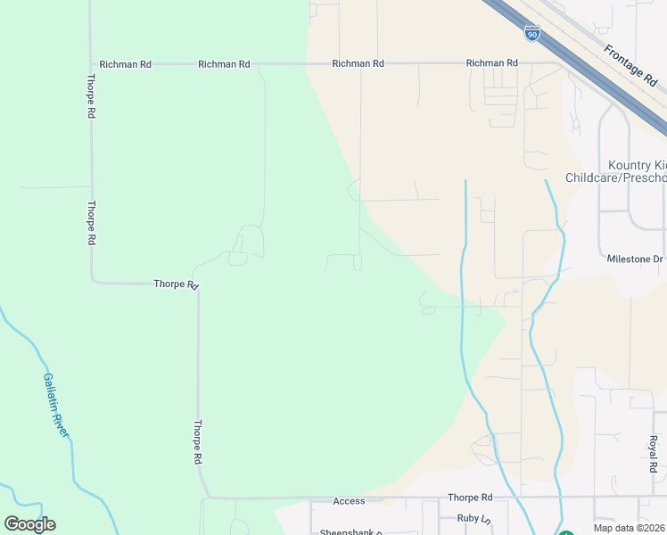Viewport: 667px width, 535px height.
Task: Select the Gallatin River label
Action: click(x=55, y=404)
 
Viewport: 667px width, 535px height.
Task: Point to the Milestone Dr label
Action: click(x=635, y=259)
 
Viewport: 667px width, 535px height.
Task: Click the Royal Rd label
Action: click(x=653, y=454)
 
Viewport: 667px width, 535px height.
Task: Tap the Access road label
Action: click(x=350, y=501)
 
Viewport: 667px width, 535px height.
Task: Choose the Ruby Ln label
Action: click(x=473, y=518)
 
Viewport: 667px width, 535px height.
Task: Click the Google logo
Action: click(x=29, y=524)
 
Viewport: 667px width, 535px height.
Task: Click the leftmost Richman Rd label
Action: click(x=126, y=64)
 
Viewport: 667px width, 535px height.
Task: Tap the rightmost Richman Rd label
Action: click(x=491, y=63)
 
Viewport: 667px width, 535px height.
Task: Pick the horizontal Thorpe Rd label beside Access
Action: click(x=470, y=498)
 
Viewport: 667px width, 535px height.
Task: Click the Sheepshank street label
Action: click(x=351, y=532)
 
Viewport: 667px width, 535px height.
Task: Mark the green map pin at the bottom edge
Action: click(x=566, y=532)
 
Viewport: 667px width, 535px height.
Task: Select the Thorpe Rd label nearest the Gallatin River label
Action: click(x=197, y=442)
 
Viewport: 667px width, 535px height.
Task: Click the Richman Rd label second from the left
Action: click(x=224, y=64)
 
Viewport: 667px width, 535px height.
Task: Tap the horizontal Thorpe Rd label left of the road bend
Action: click(x=175, y=284)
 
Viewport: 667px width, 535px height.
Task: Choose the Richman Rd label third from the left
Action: click(x=358, y=64)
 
